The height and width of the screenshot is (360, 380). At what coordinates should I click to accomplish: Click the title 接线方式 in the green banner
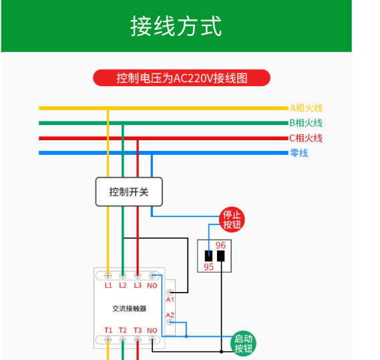pyautogui.click(x=176, y=26)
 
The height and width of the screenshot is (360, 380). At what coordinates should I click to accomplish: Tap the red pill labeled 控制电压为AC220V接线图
pyautogui.click(x=182, y=78)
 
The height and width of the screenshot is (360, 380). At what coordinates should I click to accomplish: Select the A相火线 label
pyautogui.click(x=306, y=108)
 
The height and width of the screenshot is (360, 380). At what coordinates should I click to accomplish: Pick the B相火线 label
pyautogui.click(x=306, y=123)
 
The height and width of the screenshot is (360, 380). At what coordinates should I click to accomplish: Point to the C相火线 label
pyautogui.click(x=306, y=138)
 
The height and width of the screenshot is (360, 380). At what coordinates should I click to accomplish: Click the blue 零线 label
pyautogui.click(x=299, y=153)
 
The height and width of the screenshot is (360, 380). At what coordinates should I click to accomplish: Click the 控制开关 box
pyautogui.click(x=129, y=192)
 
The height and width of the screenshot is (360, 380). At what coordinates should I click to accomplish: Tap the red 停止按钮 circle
pyautogui.click(x=232, y=220)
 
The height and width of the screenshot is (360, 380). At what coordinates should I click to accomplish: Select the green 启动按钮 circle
pyautogui.click(x=243, y=343)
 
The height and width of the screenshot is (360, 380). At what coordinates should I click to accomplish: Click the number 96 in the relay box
pyautogui.click(x=220, y=245)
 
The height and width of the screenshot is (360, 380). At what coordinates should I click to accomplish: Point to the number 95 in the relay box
pyautogui.click(x=208, y=267)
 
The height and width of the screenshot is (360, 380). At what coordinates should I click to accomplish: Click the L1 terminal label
pyautogui.click(x=108, y=285)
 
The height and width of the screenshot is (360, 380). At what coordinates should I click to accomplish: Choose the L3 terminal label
pyautogui.click(x=138, y=285)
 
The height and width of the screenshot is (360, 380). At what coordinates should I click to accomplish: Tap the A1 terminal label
pyautogui.click(x=170, y=300)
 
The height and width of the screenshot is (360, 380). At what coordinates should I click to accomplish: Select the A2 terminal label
pyautogui.click(x=170, y=315)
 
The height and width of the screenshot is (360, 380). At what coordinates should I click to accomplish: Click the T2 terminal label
pyautogui.click(x=123, y=330)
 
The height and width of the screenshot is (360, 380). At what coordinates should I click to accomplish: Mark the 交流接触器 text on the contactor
pyautogui.click(x=129, y=309)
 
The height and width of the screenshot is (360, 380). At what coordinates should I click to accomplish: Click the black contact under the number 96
pyautogui.click(x=221, y=256)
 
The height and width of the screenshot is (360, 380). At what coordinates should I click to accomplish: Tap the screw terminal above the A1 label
pyautogui.click(x=170, y=292)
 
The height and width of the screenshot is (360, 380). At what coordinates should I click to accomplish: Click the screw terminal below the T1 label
pyautogui.click(x=108, y=340)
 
